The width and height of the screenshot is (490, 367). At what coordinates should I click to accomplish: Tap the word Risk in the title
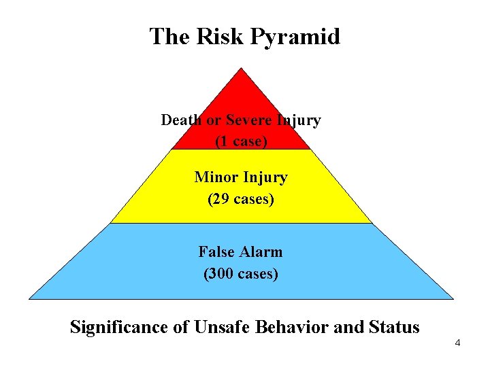coord(222,37)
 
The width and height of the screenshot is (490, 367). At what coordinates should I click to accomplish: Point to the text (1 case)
coord(241,141)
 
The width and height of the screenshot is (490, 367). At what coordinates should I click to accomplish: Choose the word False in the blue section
coord(216,252)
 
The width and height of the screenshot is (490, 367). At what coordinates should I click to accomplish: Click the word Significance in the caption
coord(120,327)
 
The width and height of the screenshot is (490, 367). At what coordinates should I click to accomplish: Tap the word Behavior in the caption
coord(293,327)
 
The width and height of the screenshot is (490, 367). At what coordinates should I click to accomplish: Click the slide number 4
coord(457,343)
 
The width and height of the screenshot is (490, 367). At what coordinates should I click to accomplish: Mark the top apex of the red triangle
coord(241,67)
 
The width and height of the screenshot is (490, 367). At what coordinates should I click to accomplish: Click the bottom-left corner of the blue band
coord(29,298)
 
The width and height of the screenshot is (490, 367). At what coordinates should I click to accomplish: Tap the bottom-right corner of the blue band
coord(453,298)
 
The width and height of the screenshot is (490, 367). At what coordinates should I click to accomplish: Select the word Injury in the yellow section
coord(264,177)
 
